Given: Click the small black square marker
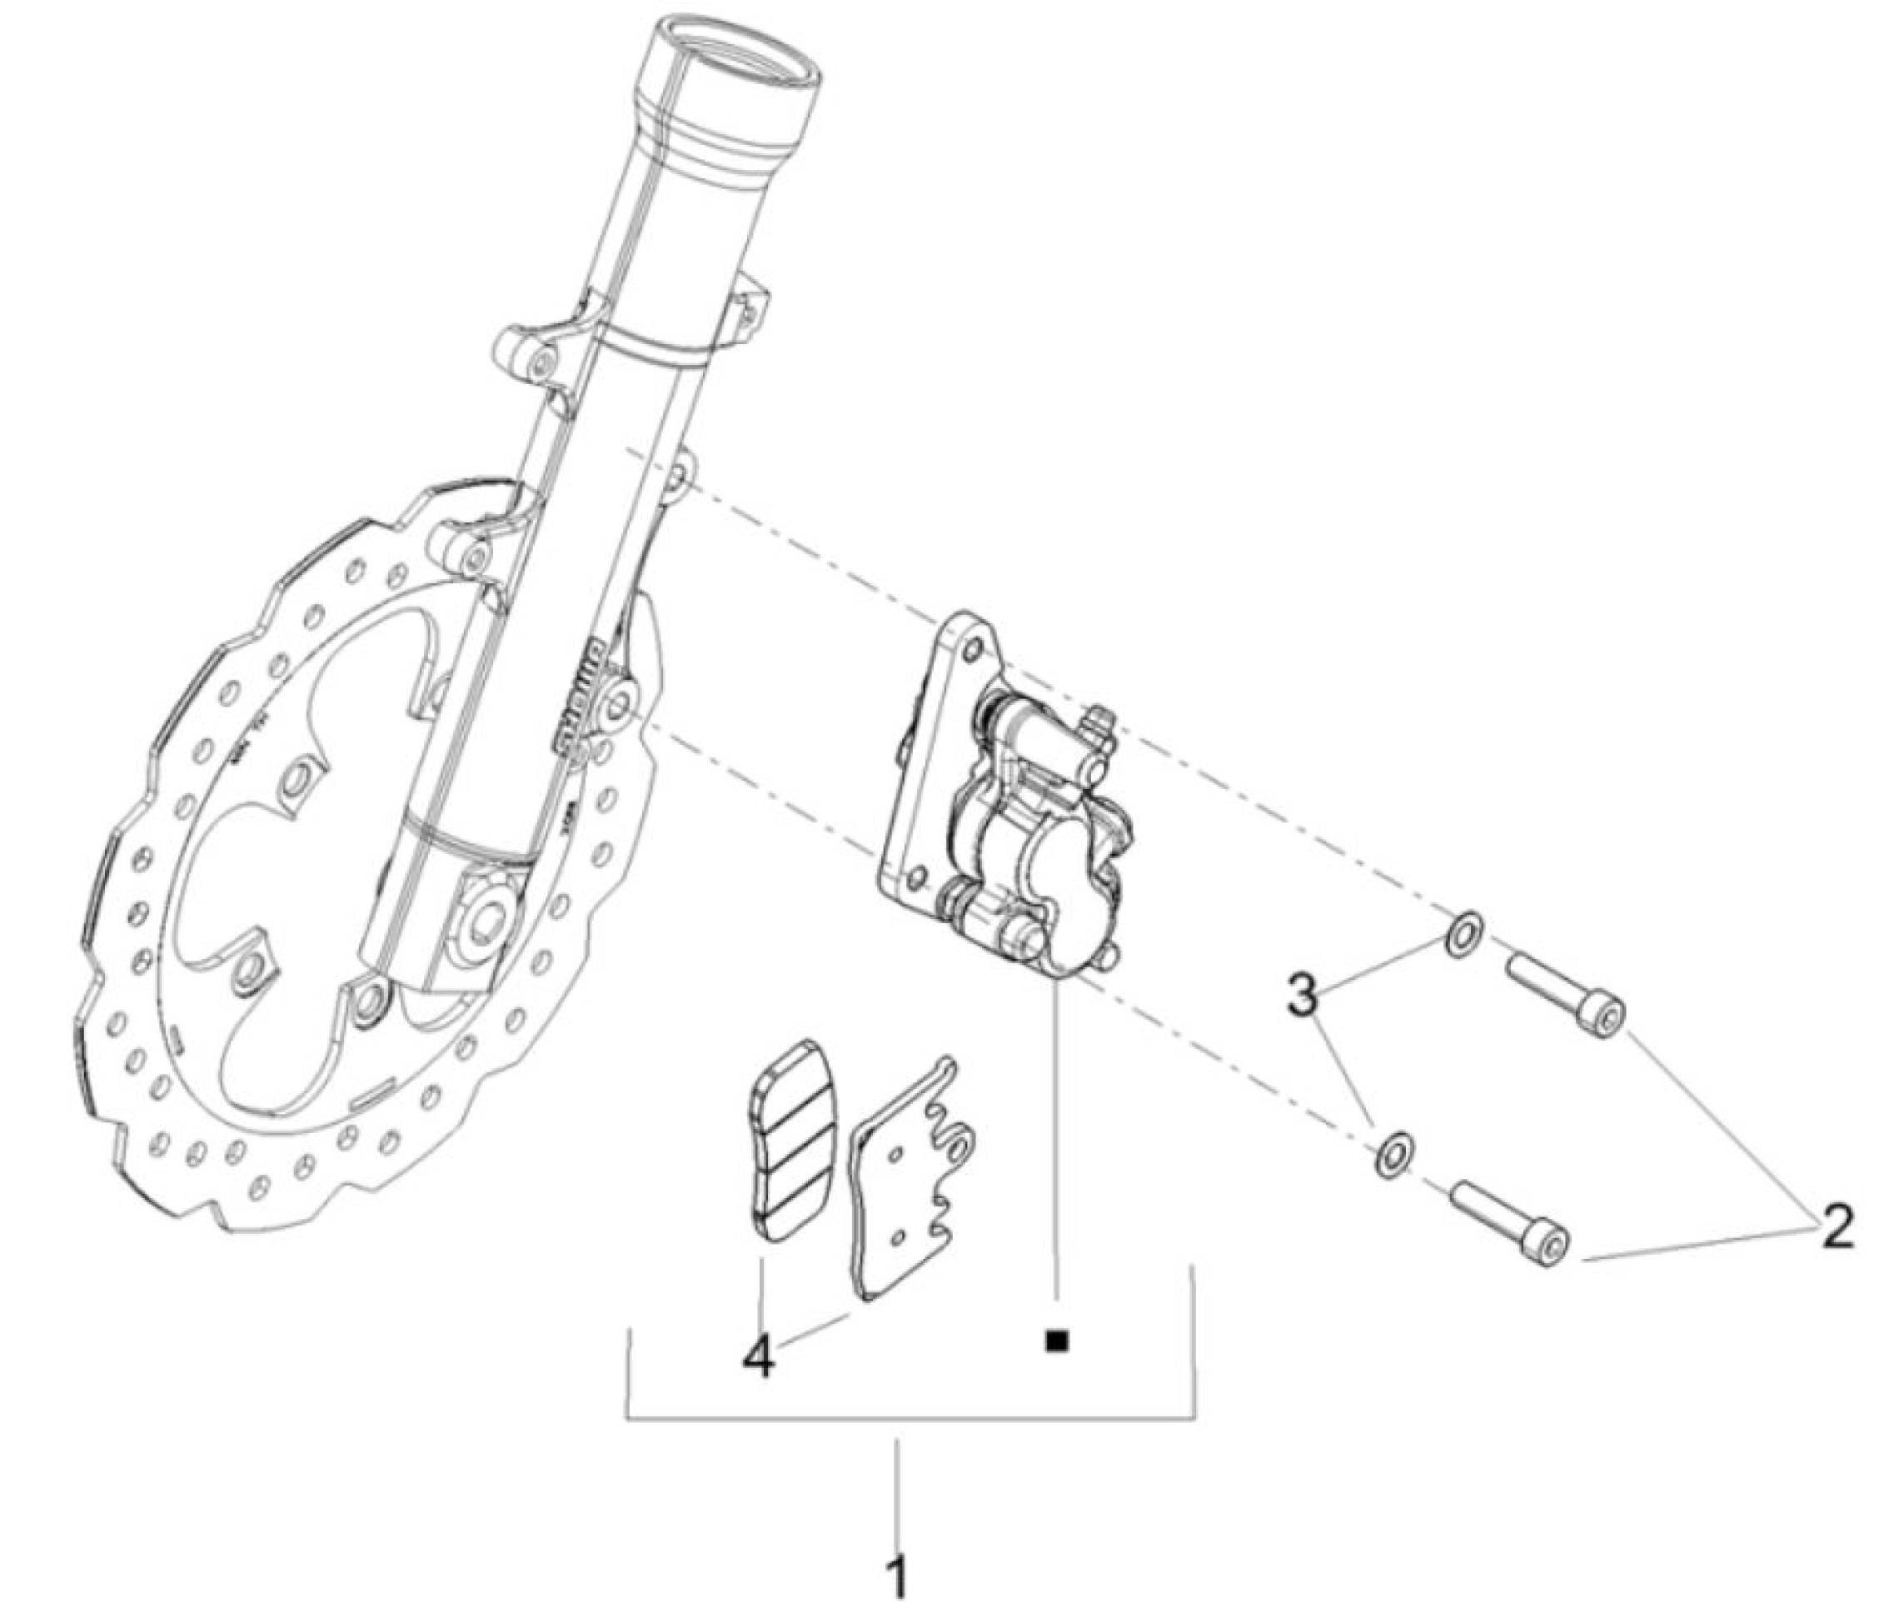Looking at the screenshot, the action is pyautogui.click(x=1056, y=1341).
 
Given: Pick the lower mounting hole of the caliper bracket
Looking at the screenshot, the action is pyautogui.click(x=918, y=876).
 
